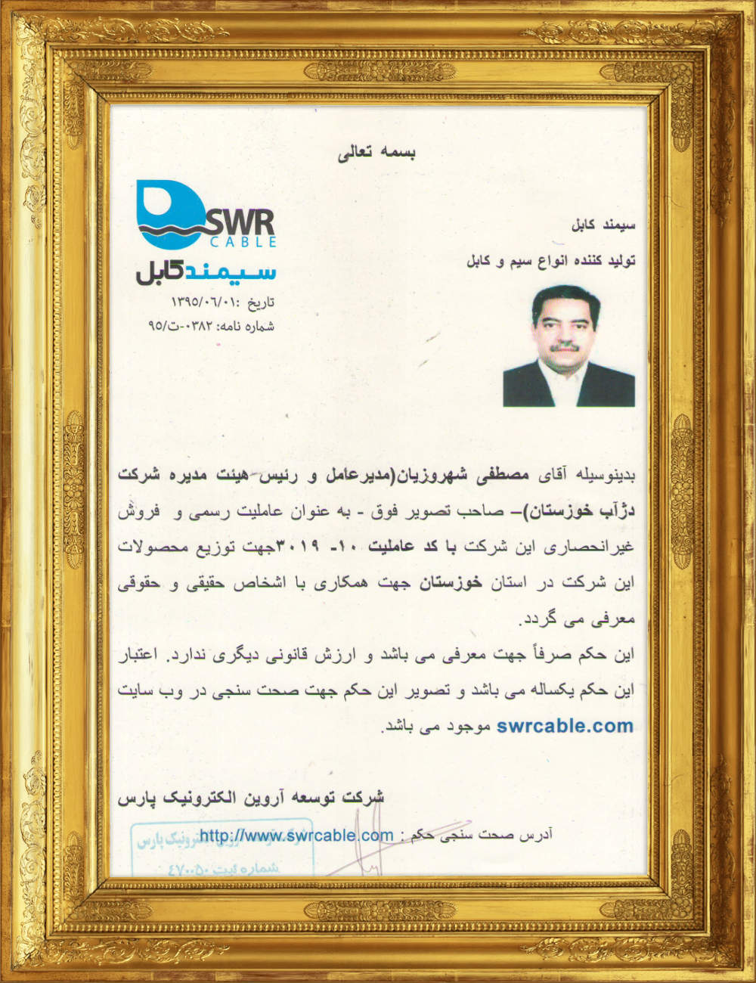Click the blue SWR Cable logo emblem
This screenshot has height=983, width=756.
169,212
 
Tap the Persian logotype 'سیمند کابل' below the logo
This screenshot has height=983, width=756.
206,271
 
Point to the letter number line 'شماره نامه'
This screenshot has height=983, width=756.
211,327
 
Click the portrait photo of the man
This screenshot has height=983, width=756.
569,346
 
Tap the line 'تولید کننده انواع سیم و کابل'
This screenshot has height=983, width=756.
550,261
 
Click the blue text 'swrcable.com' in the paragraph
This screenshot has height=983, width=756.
565,726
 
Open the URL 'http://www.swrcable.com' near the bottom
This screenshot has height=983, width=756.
296,836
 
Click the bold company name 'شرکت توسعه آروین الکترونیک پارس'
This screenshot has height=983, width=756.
251,798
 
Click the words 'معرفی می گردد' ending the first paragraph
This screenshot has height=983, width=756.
577,619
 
